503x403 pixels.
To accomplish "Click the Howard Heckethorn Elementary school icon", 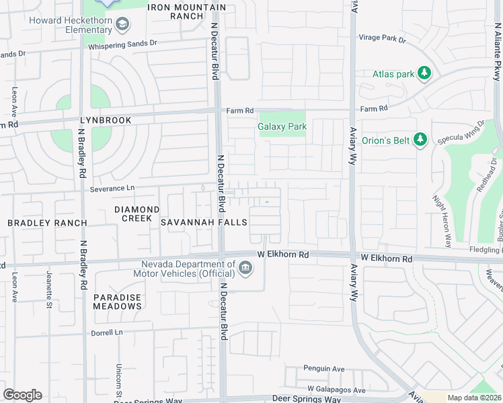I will click(x=122, y=26).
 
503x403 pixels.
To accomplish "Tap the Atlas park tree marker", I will click(x=424, y=73).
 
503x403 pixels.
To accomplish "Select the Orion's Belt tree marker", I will click(x=420, y=140).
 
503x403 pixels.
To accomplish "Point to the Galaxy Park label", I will click(x=282, y=126).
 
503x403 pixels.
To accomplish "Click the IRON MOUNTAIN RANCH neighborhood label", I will click(x=187, y=11).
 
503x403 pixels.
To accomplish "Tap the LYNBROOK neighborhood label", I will click(x=104, y=120).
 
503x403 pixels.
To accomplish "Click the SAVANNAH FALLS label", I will click(x=203, y=222).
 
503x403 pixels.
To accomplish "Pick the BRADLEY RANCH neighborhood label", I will click(x=47, y=222).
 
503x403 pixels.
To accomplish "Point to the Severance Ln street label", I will click(x=112, y=190).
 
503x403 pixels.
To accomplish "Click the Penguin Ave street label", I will click(x=323, y=369).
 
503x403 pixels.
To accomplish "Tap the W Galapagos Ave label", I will click(x=336, y=390).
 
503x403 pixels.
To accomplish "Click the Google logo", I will click(x=22, y=395).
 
